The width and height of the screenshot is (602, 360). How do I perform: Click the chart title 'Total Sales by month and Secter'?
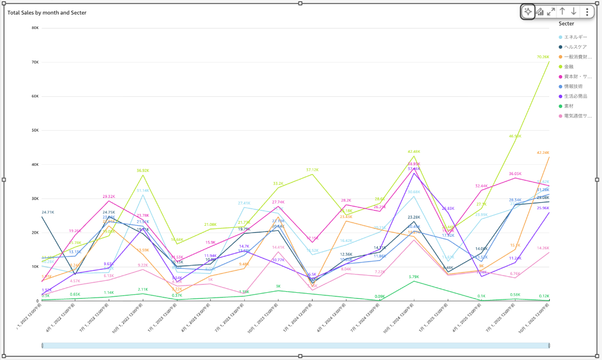pos(47,12)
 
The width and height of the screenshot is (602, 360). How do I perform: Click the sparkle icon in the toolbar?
pos(527,12)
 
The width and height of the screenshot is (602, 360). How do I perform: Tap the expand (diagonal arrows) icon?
pos(551,11)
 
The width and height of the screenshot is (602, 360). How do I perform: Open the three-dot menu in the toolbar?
pos(586,11)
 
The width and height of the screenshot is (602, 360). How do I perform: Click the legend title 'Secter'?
pos(566,23)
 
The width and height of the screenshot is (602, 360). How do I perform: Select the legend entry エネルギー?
pos(575,37)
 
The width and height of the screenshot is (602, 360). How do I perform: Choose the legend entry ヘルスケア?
pos(575,47)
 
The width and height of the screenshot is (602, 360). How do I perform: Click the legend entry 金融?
pos(569,67)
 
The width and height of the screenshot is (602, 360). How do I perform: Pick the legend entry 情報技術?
pos(573,87)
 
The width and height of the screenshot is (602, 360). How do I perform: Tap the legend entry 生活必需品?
pos(575,96)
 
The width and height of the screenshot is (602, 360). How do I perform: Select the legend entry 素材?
pos(569,106)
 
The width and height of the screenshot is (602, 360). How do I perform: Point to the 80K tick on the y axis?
pos(35,28)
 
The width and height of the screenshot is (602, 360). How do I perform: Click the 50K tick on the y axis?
pos(35,131)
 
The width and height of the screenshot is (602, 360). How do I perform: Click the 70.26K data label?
pos(543,57)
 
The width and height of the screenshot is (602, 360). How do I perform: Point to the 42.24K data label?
pos(543,153)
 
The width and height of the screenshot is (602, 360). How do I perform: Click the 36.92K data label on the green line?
pos(143,170)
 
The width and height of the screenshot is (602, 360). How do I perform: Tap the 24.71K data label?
pos(48,212)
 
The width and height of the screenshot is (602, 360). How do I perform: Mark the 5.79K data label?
pos(414,277)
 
